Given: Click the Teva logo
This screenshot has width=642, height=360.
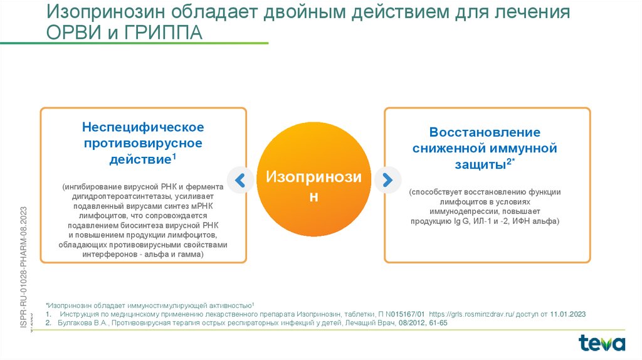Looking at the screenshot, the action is point(602,342).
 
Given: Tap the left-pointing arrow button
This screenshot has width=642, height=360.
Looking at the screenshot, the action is point(239,181).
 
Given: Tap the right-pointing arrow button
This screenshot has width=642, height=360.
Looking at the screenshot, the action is point(387,181).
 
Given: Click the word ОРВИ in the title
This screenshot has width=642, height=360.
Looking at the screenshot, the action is point(70,33).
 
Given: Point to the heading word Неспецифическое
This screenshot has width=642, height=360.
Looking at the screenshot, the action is point(143,127).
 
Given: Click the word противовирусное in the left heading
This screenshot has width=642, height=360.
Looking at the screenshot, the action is point(143,144).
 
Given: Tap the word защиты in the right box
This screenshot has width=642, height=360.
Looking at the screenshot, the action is point(480,164).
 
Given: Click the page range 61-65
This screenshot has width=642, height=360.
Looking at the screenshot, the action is point(437,323).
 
